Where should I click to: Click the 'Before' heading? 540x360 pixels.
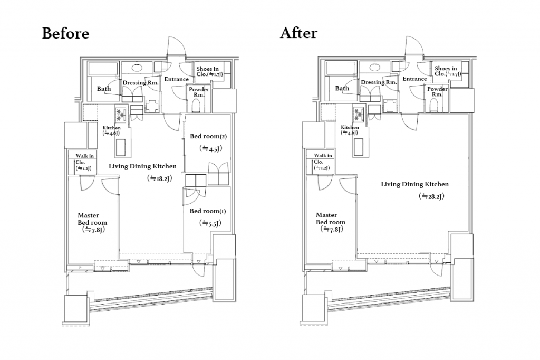pyautogui.click(x=65, y=33)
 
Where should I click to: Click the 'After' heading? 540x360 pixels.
pyautogui.click(x=298, y=33)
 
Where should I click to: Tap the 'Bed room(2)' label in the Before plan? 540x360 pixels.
pyautogui.click(x=208, y=136)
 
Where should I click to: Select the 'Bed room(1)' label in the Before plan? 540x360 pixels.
pyautogui.click(x=207, y=211)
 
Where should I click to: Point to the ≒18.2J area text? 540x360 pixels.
pyautogui.click(x=159, y=178)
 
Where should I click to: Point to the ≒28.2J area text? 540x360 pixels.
pyautogui.click(x=431, y=196)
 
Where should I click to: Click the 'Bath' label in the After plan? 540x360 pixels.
pyautogui.click(x=342, y=88)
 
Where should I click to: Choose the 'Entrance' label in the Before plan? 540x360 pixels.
pyautogui.click(x=176, y=79)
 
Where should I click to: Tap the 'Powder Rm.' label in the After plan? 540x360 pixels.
pyautogui.click(x=437, y=91)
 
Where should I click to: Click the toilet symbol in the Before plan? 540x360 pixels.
pyautogui.click(x=196, y=106)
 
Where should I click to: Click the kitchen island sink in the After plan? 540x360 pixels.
pyautogui.click(x=359, y=147)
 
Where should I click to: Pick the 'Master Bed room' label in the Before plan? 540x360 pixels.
pyautogui.click(x=92, y=219)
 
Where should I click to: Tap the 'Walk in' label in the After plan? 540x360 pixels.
pyautogui.click(x=323, y=156)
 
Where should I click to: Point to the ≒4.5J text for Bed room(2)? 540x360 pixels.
pyautogui.click(x=210, y=148)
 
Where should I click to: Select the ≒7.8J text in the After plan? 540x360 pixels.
pyautogui.click(x=332, y=229)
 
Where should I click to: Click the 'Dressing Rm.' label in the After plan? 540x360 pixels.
pyautogui.click(x=379, y=82)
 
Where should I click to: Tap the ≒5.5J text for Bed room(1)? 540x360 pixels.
pyautogui.click(x=210, y=223)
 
